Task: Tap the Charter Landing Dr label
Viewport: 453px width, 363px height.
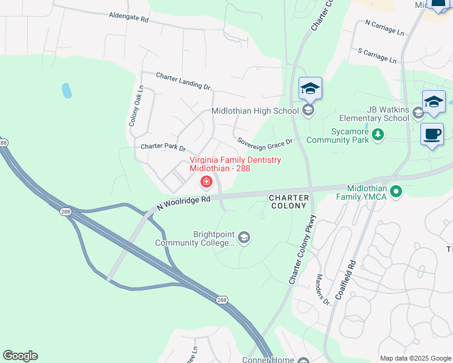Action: pyautogui.click(x=183, y=81)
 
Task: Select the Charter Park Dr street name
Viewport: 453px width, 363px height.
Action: pyautogui.click(x=163, y=147)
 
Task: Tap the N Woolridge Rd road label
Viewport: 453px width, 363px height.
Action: pyautogui.click(x=184, y=202)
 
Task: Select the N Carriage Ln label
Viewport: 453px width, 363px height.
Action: pyautogui.click(x=384, y=27)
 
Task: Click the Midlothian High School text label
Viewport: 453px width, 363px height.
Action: pyautogui.click(x=255, y=111)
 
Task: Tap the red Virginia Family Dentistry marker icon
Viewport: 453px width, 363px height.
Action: pyautogui.click(x=207, y=181)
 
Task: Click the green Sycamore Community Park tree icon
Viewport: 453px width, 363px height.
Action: pyautogui.click(x=378, y=134)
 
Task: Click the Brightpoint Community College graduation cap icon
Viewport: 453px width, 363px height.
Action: pyautogui.click(x=243, y=237)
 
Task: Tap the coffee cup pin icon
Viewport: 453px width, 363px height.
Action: pyautogui.click(x=432, y=134)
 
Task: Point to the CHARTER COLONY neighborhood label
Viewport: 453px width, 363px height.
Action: pyautogui.click(x=289, y=201)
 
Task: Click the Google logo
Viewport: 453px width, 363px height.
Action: pyautogui.click(x=20, y=356)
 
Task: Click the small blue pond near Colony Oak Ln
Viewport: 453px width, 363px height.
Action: pyautogui.click(x=67, y=91)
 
